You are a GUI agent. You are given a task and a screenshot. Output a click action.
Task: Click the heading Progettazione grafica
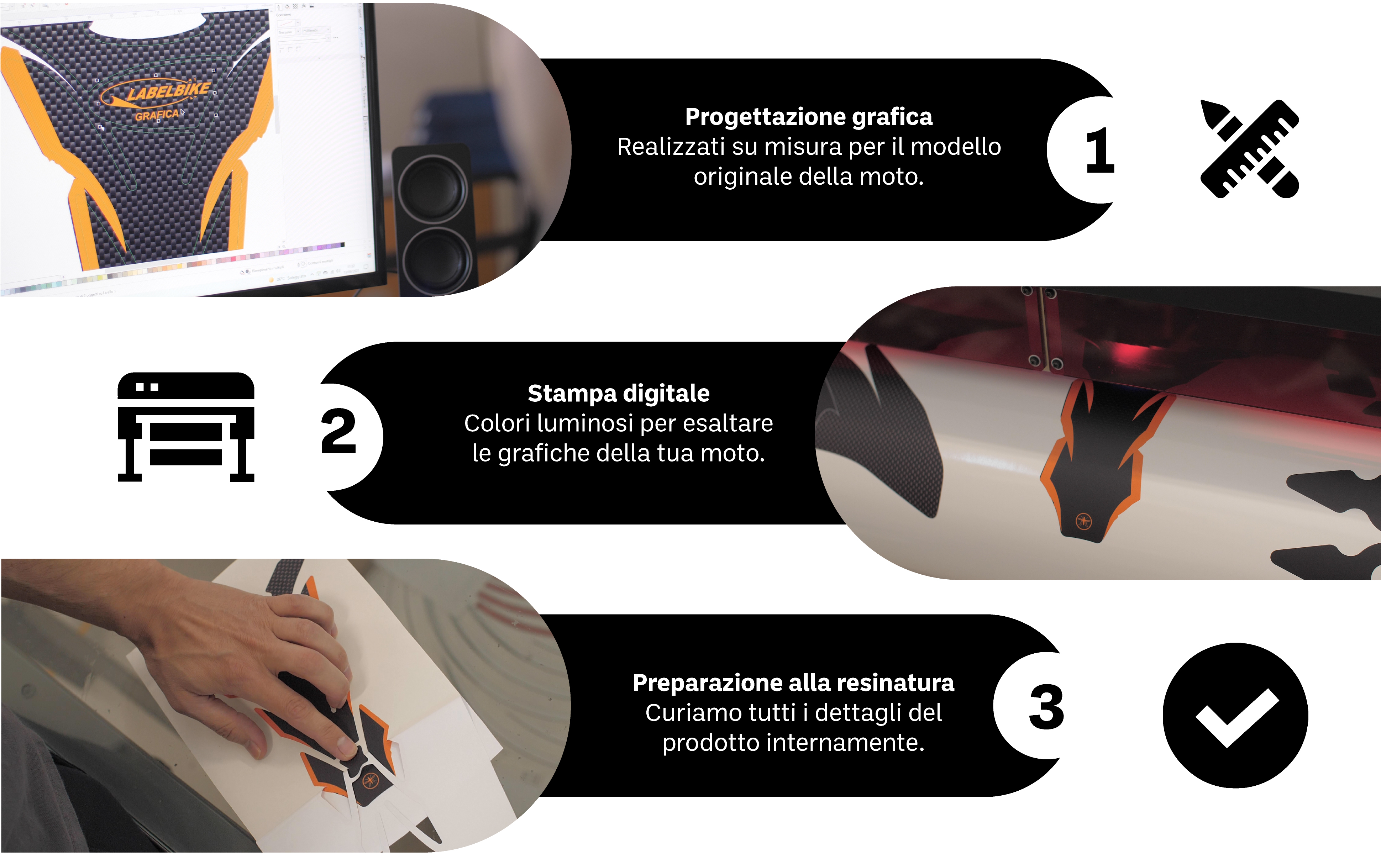[x=808, y=117]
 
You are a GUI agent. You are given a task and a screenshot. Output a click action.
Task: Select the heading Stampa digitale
[x=619, y=393]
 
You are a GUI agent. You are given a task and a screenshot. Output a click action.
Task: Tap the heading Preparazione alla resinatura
[x=793, y=683]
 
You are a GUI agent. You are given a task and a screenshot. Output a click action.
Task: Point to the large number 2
[x=338, y=431]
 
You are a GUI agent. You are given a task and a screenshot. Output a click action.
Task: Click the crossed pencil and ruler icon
[x=1249, y=149]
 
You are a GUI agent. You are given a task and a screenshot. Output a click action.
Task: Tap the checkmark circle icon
[x=1235, y=715]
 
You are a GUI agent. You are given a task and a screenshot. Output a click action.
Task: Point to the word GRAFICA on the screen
[x=157, y=115]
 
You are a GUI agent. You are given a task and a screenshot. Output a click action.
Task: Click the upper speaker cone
[x=433, y=189]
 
